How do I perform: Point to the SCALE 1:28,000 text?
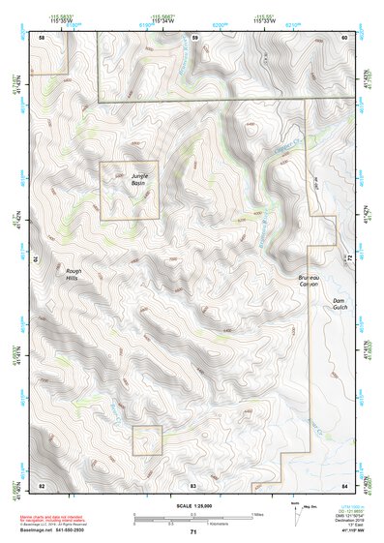tap(192, 506)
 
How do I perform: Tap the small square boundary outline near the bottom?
tap(147, 439)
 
